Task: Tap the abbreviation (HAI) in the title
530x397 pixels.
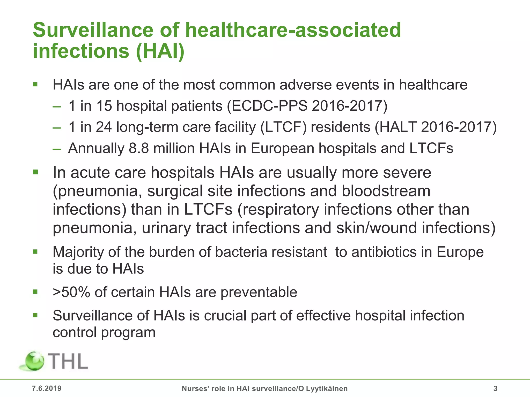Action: coord(160,51)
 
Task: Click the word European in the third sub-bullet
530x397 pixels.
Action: coord(282,148)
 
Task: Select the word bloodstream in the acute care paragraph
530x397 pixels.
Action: coord(386,191)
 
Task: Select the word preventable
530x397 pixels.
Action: coord(259,292)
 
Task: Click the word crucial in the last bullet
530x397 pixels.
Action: coord(218,316)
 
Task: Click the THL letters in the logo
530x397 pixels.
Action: coord(68,361)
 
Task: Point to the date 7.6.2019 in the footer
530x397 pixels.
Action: coord(47,388)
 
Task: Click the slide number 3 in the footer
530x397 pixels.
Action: coord(495,388)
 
